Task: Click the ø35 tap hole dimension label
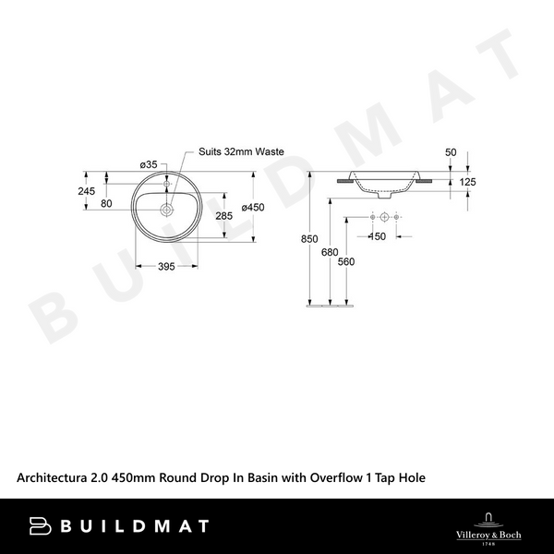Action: pyautogui.click(x=148, y=164)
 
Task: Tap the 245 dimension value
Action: pyautogui.click(x=87, y=191)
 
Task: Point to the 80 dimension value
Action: pyautogui.click(x=106, y=203)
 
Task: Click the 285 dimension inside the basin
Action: pyautogui.click(x=223, y=216)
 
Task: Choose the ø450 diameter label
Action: pyautogui.click(x=253, y=208)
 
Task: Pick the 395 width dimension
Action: pyautogui.click(x=167, y=267)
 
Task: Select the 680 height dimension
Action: pyautogui.click(x=330, y=251)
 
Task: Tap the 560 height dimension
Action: pyautogui.click(x=346, y=261)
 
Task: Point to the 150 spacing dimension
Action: pyautogui.click(x=377, y=236)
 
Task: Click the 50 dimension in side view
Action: pyautogui.click(x=451, y=151)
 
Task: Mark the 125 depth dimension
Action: pyautogui.click(x=467, y=183)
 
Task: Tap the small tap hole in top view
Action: pyautogui.click(x=167, y=181)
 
